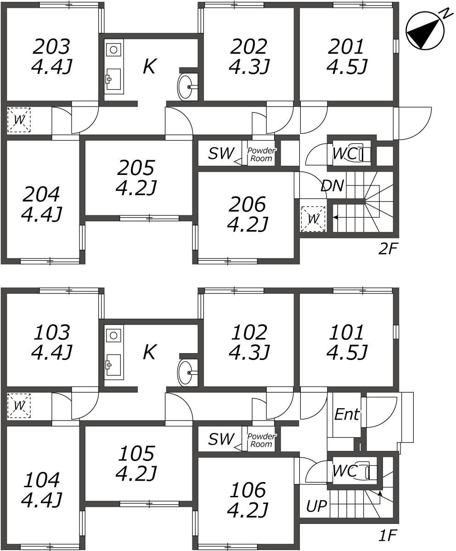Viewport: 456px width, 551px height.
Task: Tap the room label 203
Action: (51, 47)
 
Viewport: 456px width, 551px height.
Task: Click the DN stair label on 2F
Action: (332, 186)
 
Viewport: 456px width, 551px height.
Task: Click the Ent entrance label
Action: (347, 414)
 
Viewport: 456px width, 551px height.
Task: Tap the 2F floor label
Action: (388, 249)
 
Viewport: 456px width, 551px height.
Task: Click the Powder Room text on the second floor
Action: (261, 154)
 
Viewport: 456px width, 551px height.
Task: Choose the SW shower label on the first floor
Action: (221, 439)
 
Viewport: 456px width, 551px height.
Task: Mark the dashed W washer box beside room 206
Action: (313, 219)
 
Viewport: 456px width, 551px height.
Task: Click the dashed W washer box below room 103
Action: (19, 405)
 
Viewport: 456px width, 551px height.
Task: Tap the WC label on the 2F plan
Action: (344, 153)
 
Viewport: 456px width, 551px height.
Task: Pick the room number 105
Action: (136, 454)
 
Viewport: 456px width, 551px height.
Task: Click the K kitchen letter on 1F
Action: (150, 352)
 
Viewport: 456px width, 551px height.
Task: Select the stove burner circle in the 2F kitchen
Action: (113, 50)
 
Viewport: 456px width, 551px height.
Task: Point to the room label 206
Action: (247, 204)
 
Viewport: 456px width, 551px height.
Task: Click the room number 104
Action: (41, 480)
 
